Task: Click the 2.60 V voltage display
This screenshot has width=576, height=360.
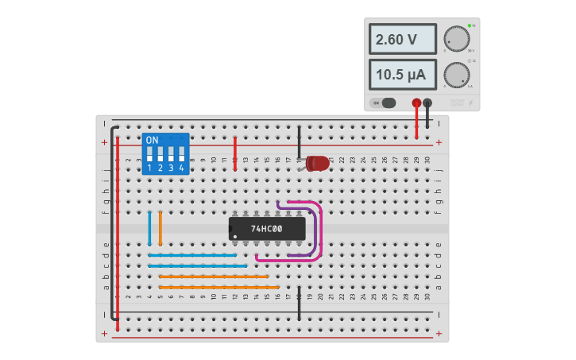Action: (x=402, y=39)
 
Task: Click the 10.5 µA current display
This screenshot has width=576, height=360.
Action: (x=402, y=75)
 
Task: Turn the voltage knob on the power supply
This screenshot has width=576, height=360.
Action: (x=456, y=39)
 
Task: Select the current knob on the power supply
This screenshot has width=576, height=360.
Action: (x=456, y=75)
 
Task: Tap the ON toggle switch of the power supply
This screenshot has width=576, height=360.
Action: (x=384, y=103)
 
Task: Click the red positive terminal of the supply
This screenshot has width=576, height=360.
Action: (x=416, y=103)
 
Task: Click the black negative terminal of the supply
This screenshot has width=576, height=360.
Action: (x=427, y=103)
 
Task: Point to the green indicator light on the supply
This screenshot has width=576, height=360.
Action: (x=470, y=25)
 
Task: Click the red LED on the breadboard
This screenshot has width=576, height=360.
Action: (x=317, y=164)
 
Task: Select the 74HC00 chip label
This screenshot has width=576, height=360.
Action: (x=267, y=229)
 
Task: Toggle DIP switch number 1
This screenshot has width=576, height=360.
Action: (x=149, y=153)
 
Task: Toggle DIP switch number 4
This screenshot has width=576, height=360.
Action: (x=182, y=153)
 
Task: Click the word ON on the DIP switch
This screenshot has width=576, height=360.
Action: (x=153, y=140)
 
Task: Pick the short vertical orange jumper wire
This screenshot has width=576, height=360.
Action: (x=160, y=229)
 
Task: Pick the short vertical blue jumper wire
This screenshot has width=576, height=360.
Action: (x=149, y=229)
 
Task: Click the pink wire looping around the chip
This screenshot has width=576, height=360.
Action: (x=321, y=230)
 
